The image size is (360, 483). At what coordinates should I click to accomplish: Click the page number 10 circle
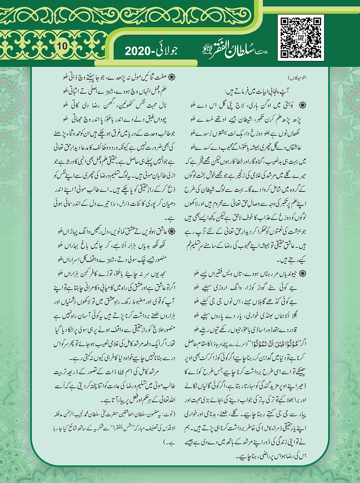(x=62, y=46)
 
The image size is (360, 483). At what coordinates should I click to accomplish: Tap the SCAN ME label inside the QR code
(x=300, y=38)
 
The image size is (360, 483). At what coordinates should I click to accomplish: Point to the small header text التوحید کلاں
(x=296, y=78)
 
